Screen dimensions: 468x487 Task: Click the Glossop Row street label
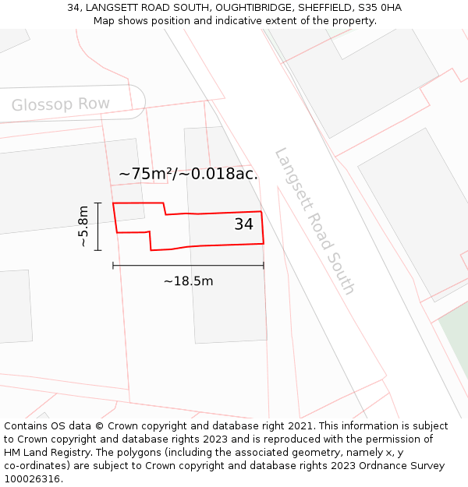tap(60, 104)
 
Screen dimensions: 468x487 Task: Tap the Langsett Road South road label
tap(315, 221)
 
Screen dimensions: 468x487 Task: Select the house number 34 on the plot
tap(243, 224)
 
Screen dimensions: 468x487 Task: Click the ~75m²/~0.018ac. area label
tap(188, 174)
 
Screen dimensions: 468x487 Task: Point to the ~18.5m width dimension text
tap(188, 281)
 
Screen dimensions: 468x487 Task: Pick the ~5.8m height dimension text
tap(83, 227)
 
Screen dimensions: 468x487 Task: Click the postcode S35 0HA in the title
tap(378, 8)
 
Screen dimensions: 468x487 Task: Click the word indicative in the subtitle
tap(226, 20)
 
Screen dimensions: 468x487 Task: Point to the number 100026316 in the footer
tap(30, 479)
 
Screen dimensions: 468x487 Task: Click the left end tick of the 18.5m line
tap(113, 266)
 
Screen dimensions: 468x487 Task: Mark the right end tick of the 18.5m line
tap(264, 266)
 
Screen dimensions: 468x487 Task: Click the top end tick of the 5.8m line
tap(97, 203)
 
